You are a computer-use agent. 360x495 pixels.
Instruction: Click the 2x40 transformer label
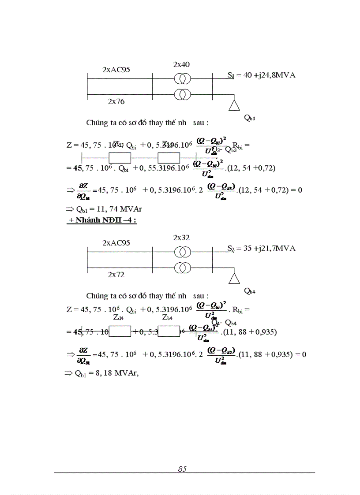tap(181, 65)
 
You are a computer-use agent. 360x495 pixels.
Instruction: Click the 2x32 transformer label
tap(181, 238)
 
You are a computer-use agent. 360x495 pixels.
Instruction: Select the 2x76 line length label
tap(116, 101)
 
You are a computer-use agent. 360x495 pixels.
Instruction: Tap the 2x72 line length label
tap(116, 275)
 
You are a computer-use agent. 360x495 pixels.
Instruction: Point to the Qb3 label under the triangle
tap(250, 118)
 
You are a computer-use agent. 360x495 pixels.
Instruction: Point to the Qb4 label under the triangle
tap(250, 291)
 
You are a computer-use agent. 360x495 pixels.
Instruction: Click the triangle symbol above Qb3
tap(234, 104)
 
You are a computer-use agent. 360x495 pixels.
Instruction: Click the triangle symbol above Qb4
tap(234, 278)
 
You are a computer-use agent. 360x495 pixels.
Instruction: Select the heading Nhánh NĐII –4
tap(102, 220)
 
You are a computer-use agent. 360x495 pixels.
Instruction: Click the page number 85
tap(182, 469)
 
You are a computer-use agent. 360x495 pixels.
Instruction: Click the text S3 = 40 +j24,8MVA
tap(261, 75)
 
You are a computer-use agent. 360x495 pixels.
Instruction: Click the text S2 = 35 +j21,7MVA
tap(261, 248)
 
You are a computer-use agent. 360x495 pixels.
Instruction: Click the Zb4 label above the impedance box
tap(167, 317)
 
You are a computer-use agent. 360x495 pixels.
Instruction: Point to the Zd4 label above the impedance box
tap(118, 317)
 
